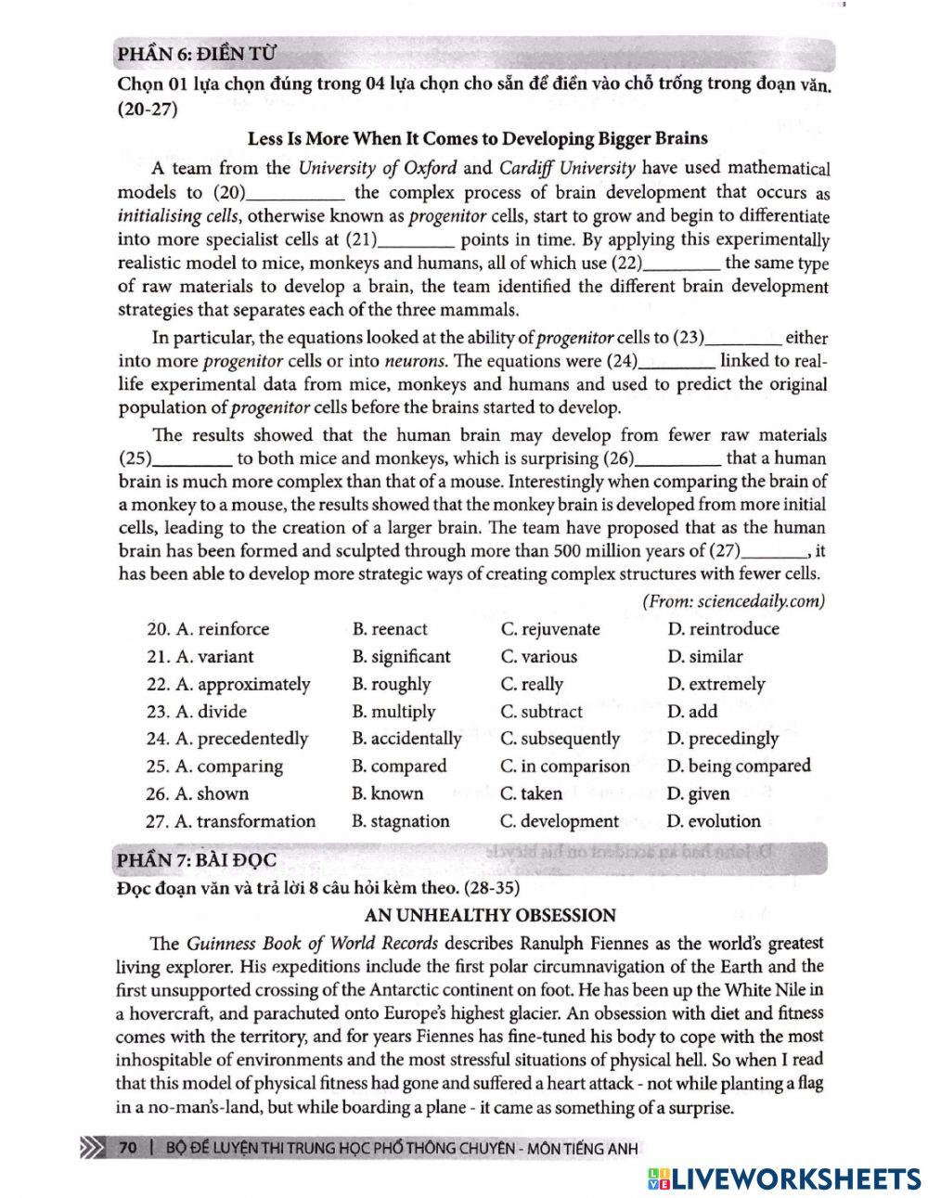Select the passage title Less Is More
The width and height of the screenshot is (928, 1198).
[x=477, y=139]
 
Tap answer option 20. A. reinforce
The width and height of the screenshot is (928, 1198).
[x=208, y=629]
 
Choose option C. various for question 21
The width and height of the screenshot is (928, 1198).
[x=538, y=657]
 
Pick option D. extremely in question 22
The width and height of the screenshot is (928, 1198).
[x=715, y=685]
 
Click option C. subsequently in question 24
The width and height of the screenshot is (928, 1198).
[x=560, y=740]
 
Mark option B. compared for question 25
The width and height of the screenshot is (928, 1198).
[x=399, y=766]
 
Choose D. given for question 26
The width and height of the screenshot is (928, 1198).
[x=698, y=794]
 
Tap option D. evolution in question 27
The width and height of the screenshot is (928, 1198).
[x=713, y=821]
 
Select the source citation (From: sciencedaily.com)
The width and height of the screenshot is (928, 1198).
[x=733, y=601]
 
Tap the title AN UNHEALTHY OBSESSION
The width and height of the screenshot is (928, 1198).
[x=491, y=916]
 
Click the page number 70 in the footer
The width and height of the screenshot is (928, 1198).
[x=128, y=1149]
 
